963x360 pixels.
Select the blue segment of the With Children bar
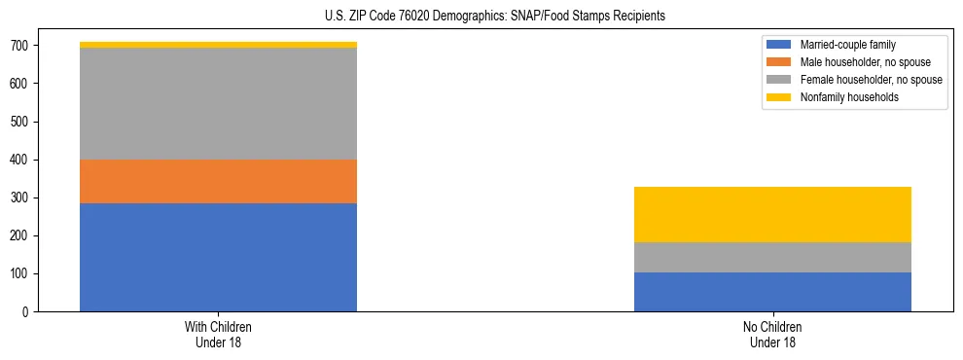tap(218, 257)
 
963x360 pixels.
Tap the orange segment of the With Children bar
tap(218, 181)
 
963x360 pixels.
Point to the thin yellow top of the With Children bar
tap(218, 45)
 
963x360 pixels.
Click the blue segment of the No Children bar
tap(772, 292)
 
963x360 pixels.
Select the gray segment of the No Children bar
tap(772, 257)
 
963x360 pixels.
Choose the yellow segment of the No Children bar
tap(772, 214)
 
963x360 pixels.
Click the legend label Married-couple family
tap(847, 45)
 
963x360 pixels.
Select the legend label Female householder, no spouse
tap(871, 80)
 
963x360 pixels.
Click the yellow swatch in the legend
tap(779, 97)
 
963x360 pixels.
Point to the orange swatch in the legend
tap(779, 62)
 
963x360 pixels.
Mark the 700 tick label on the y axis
tap(20, 46)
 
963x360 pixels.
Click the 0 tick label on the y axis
tap(27, 312)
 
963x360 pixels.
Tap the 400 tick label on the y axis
tap(20, 160)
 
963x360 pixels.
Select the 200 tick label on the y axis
tap(20, 236)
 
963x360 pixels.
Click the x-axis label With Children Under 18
tap(218, 335)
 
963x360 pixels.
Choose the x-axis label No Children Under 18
tap(772, 335)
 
